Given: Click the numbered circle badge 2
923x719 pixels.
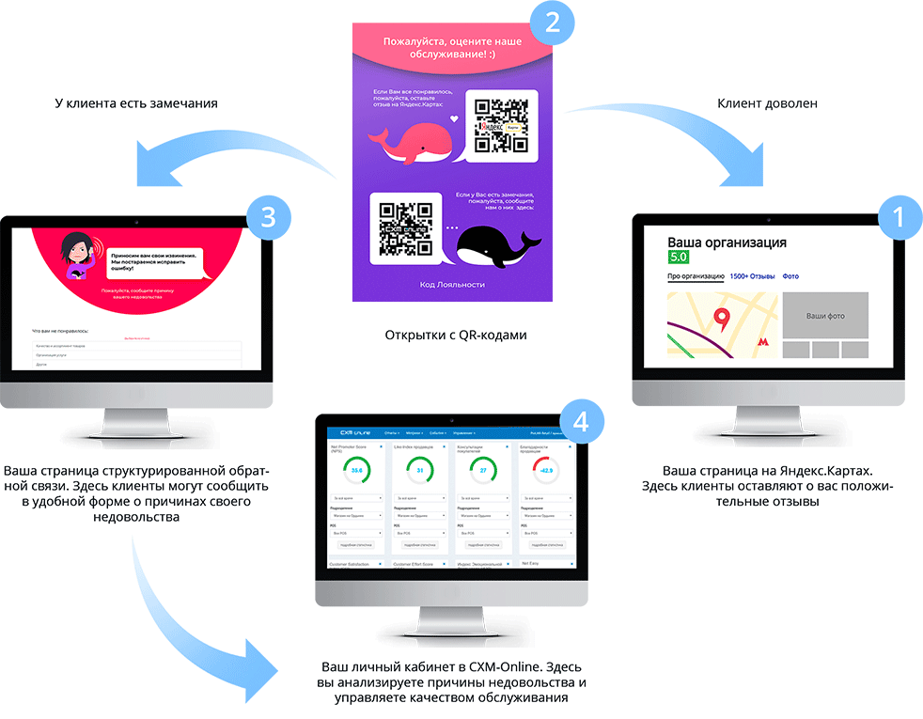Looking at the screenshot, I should (553, 23).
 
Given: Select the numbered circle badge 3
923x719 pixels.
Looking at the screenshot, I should (268, 216).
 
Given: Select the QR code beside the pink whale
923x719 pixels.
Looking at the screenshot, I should (500, 125).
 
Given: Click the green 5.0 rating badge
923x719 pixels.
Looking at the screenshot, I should (679, 257).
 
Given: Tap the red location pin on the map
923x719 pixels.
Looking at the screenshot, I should (722, 321).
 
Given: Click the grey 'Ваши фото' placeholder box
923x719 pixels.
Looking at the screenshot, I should (825, 315).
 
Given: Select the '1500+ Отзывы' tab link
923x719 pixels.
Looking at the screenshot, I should (751, 276).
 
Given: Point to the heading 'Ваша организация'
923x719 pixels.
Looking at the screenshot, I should (727, 242).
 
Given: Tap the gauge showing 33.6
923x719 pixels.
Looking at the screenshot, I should (355, 470).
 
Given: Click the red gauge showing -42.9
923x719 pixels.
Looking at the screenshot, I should (545, 470).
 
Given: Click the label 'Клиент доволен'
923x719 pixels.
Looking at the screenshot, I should (767, 103).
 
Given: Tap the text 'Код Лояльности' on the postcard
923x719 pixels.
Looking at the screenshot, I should (452, 283).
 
